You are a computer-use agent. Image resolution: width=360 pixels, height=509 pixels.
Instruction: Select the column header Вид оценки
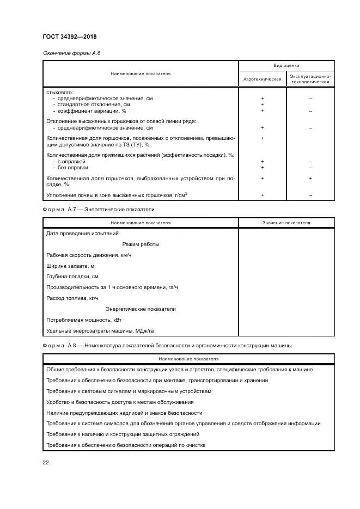[x=286, y=65]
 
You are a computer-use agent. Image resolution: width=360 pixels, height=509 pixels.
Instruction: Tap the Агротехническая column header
[x=262, y=79]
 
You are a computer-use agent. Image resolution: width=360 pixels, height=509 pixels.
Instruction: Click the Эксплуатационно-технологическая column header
[x=310, y=79]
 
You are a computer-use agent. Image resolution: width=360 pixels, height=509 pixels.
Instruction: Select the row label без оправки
[x=73, y=168]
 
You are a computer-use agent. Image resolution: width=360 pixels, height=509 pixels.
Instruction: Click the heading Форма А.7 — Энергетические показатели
[x=99, y=209]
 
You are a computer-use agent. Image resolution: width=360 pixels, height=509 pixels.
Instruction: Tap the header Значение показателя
[x=286, y=223]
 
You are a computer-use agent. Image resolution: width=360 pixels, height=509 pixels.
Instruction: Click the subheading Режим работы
[x=141, y=244]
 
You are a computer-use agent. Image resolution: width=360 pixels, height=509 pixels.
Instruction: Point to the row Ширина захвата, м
[x=71, y=266]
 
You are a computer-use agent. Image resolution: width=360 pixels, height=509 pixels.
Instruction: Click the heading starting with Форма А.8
[x=167, y=345]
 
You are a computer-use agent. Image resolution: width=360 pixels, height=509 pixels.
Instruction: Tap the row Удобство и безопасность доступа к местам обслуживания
[x=120, y=402]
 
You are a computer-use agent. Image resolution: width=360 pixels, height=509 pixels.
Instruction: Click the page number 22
[x=46, y=462]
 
